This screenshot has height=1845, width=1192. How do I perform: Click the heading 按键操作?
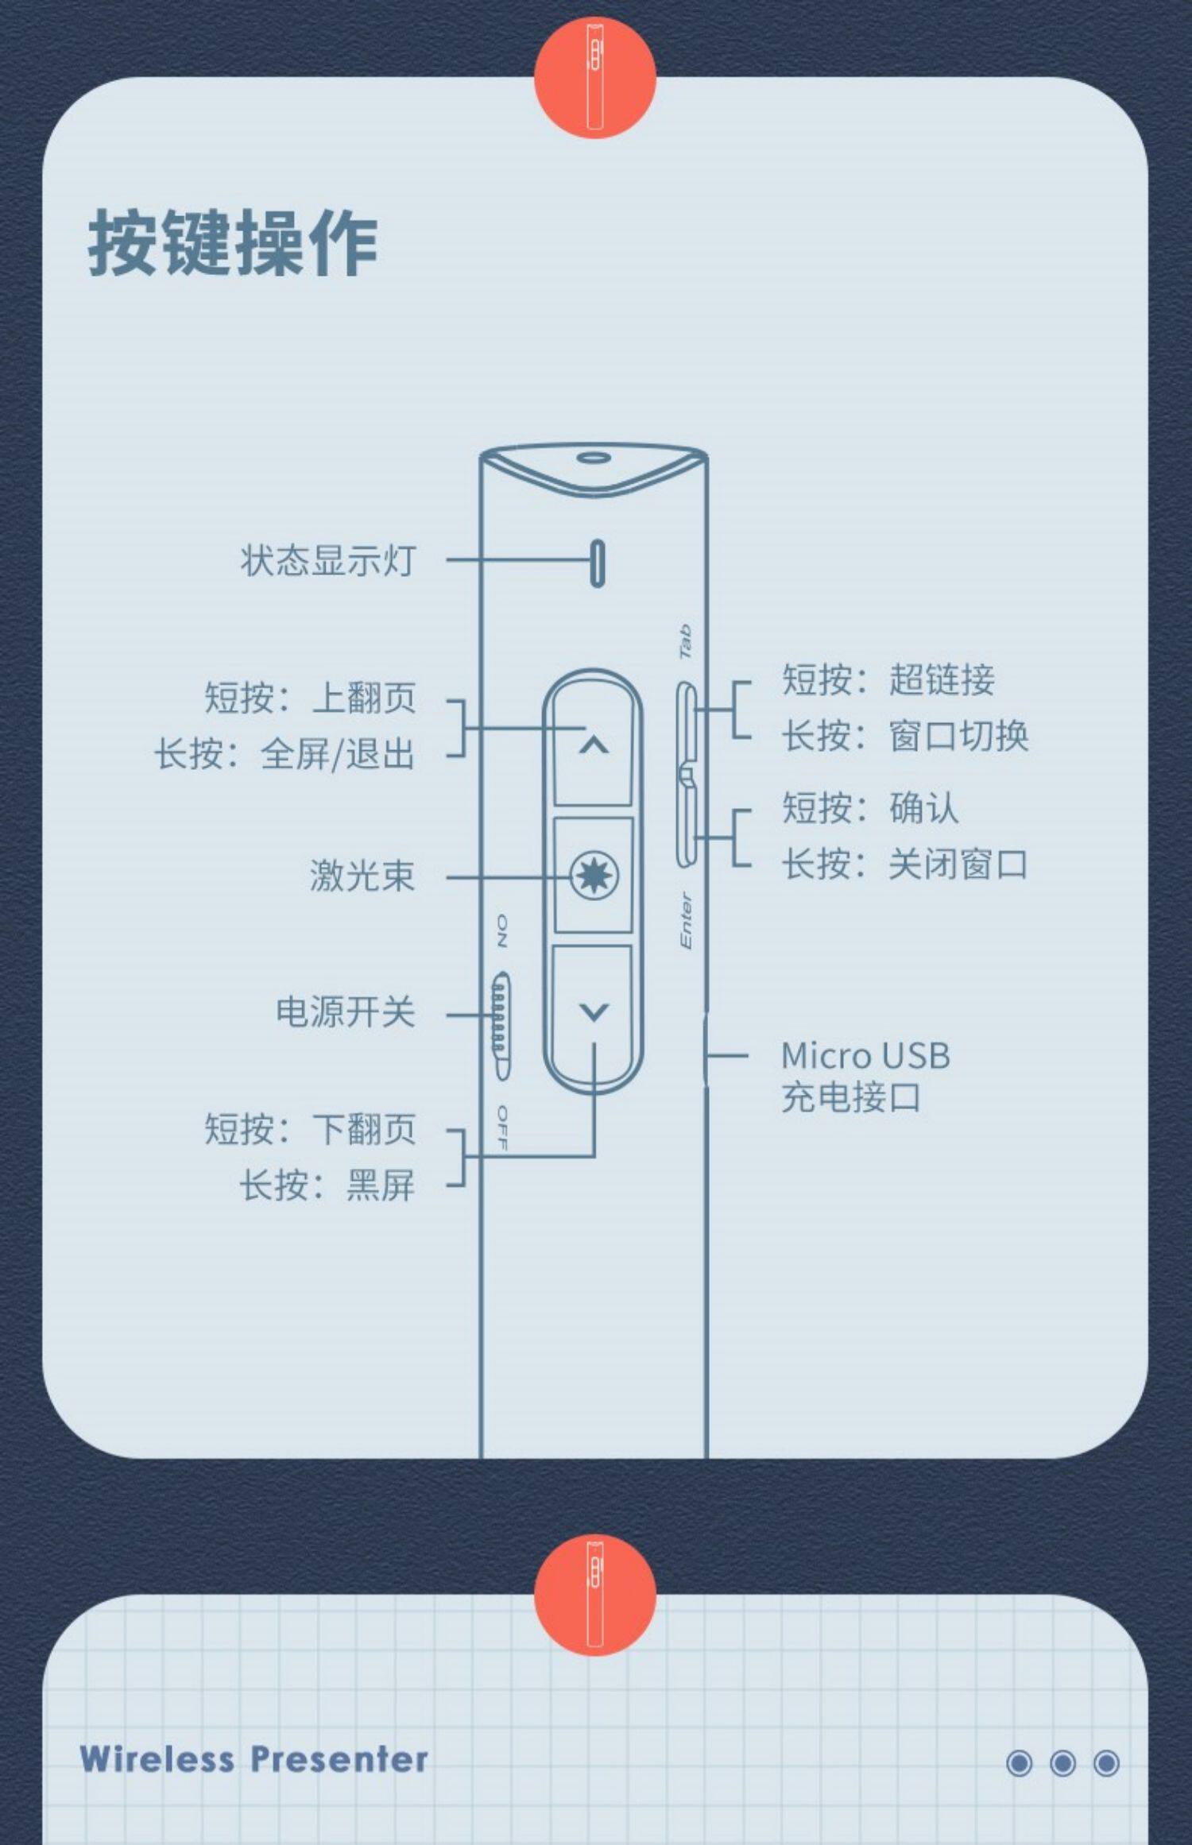pyautogui.click(x=232, y=244)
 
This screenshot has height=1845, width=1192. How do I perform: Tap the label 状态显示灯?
pyautogui.click(x=327, y=560)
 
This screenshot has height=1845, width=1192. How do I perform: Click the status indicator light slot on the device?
pyautogui.click(x=598, y=563)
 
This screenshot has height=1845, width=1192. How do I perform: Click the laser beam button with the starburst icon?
pyautogui.click(x=594, y=875)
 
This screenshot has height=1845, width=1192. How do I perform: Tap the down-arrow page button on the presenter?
pyautogui.click(x=594, y=1011)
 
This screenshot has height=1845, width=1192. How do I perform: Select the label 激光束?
pyautogui.click(x=362, y=876)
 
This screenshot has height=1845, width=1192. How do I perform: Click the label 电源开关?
pyautogui.click(x=346, y=1012)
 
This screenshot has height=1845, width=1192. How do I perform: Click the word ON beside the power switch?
pyautogui.click(x=501, y=930)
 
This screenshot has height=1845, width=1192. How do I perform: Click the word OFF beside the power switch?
pyautogui.click(x=501, y=1127)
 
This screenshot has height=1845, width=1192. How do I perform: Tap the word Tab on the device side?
pyautogui.click(x=684, y=641)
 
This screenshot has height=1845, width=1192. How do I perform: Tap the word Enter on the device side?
pyautogui.click(x=686, y=921)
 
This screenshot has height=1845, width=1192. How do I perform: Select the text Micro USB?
pyautogui.click(x=865, y=1056)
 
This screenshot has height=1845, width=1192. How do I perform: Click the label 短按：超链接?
pyautogui.click(x=888, y=680)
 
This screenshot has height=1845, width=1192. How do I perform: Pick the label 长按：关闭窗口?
pyautogui.click(x=904, y=864)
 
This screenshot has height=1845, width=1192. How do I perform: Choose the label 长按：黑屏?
pyautogui.click(x=327, y=1186)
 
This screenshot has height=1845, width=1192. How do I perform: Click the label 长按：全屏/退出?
pyautogui.click(x=284, y=753)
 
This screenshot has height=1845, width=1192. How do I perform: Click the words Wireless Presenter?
pyautogui.click(x=253, y=1759)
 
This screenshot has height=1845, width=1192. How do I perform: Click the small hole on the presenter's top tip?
pyautogui.click(x=593, y=458)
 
